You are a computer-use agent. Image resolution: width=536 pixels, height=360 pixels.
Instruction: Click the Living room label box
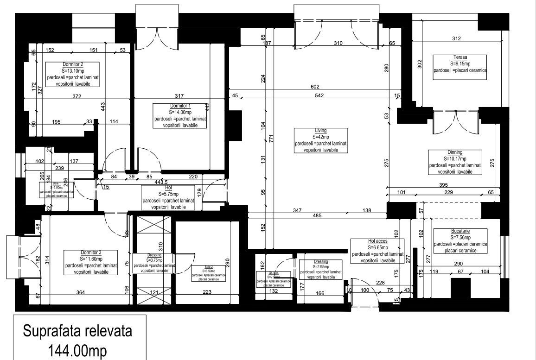[x=320, y=141]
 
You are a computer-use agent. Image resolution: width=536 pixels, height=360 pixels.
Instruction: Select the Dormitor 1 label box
[x=180, y=116]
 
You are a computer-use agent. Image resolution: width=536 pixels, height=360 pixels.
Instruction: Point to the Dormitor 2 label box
[x=73, y=74]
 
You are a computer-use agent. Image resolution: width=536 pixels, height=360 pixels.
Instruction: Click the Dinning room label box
[x=455, y=162]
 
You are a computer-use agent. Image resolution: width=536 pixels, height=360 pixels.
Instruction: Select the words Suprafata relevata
[x=78, y=331]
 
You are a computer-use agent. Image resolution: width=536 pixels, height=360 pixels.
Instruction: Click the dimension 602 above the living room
[x=315, y=87]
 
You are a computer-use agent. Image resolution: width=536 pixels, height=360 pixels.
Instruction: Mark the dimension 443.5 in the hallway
[x=161, y=182]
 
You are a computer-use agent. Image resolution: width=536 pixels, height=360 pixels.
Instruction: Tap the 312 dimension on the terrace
[x=456, y=38]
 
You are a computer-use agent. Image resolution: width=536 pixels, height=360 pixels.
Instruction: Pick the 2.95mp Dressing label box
[x=320, y=269]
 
